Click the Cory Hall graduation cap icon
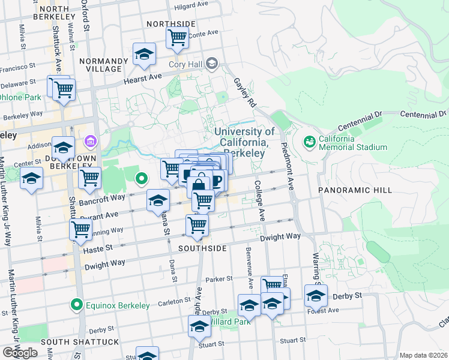211,63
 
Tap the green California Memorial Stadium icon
310,142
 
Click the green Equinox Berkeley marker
76,305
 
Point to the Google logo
20,352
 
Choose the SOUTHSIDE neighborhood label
202,248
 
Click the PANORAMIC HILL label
355,190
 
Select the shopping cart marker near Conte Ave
177,37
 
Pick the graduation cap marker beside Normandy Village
143,55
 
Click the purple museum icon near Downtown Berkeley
91,142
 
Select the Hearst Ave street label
143,78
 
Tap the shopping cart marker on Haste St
80,229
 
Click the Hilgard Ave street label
193,8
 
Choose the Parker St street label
218,279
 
